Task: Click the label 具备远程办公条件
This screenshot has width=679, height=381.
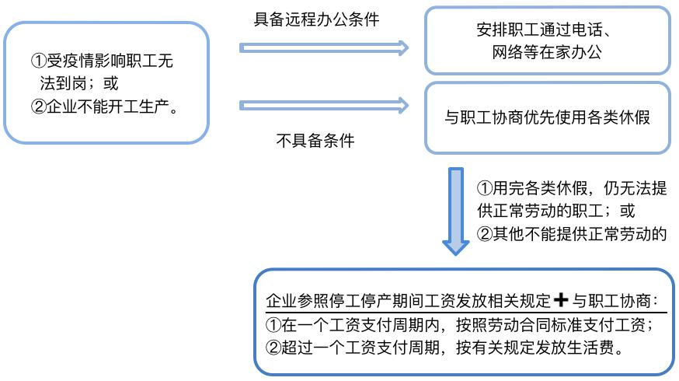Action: click(317, 19)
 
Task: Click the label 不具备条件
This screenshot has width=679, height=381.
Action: click(315, 141)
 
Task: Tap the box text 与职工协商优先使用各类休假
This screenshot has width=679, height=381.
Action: click(546, 119)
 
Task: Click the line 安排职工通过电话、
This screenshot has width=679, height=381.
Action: click(547, 32)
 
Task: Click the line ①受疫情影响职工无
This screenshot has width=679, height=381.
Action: click(108, 61)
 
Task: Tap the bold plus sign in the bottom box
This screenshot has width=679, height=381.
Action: click(564, 299)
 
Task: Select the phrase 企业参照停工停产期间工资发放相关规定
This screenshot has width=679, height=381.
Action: click(409, 300)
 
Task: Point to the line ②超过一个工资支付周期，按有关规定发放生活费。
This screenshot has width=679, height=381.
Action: click(445, 348)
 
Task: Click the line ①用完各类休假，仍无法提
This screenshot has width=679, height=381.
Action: click(571, 190)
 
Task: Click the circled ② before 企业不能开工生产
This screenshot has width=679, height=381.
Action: click(40, 105)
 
